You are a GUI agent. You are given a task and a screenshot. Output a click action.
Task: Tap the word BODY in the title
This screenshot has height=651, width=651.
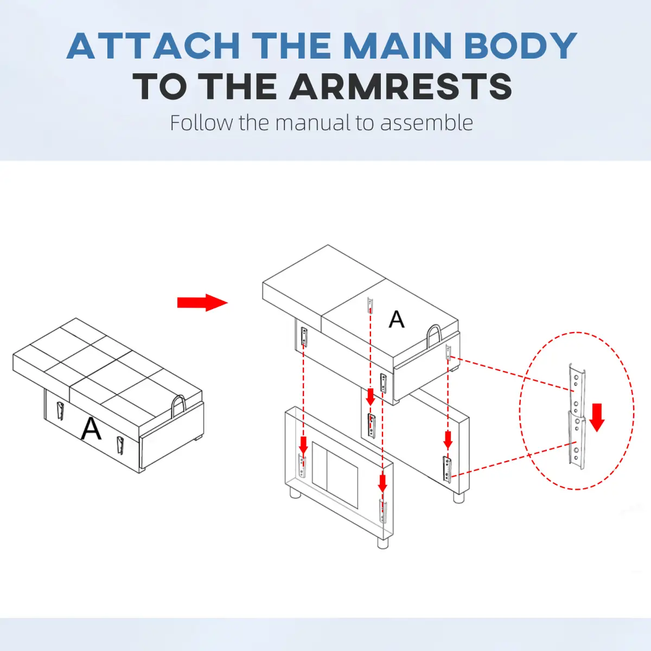520,46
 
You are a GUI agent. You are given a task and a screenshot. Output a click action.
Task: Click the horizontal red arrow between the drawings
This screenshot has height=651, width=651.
202,302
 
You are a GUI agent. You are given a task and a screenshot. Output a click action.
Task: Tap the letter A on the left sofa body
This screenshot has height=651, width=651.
91,429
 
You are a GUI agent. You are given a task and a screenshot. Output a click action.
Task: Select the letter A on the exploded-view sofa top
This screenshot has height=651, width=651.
396,319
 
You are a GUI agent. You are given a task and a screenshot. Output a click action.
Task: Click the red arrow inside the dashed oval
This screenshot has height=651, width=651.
597,418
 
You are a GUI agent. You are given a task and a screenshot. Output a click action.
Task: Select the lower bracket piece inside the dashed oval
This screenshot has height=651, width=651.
576,441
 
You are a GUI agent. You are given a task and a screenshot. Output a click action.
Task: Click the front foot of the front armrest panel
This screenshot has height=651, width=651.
382,543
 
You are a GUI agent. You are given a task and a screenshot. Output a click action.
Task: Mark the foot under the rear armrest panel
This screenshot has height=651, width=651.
458,497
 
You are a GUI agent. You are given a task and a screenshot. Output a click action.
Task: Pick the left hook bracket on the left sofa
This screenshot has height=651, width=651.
60,411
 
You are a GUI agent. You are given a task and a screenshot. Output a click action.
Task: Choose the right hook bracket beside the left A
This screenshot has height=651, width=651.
120,445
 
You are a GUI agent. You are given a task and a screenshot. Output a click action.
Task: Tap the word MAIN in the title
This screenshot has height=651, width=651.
399,46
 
